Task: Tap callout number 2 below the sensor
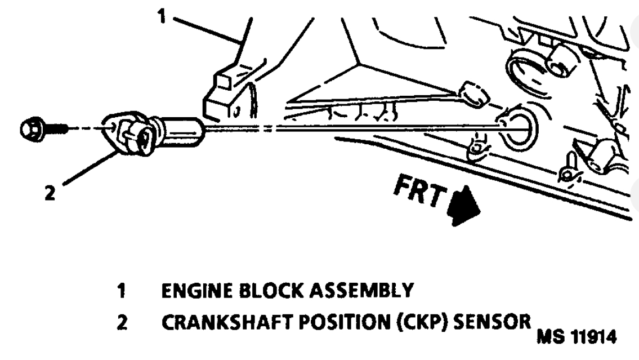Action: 51,193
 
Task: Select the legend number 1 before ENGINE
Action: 122,292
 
